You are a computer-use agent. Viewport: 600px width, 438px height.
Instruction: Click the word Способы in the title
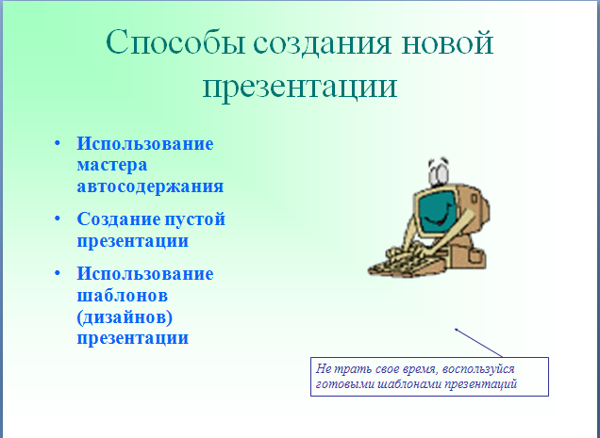tap(175, 42)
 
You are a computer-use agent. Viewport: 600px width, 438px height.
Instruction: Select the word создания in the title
tap(323, 43)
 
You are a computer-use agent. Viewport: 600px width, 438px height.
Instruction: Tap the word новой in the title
tap(447, 42)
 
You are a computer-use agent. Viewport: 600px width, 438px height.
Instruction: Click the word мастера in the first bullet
tap(112, 166)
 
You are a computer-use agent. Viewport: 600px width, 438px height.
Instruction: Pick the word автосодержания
tap(150, 187)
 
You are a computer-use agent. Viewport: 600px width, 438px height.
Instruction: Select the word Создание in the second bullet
tap(119, 219)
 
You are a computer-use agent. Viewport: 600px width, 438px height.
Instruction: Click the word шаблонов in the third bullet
tap(123, 295)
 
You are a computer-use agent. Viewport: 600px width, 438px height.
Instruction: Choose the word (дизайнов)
tap(125, 317)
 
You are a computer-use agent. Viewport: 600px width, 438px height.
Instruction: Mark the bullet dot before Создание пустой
tap(58, 219)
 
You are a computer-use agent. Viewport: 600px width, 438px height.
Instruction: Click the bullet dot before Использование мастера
tap(58, 143)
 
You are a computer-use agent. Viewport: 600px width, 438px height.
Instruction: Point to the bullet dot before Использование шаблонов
tap(58, 273)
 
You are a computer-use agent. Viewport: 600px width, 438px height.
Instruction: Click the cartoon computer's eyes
tap(439, 171)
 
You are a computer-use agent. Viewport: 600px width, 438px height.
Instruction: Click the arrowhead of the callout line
tap(457, 330)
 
